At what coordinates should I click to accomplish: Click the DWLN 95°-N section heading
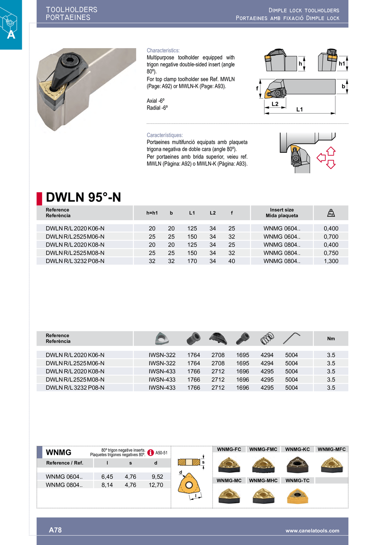pos(83,197)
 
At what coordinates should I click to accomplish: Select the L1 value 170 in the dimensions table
pos(192,261)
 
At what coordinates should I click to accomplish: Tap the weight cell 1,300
pos(331,261)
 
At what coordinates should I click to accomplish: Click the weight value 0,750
pos(331,253)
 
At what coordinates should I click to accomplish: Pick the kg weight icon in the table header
pos(331,213)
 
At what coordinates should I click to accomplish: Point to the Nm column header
pos(331,339)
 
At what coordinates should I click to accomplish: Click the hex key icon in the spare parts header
pos(291,338)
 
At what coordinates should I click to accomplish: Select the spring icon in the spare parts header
pos(267,338)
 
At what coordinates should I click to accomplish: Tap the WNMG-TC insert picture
pos(297,496)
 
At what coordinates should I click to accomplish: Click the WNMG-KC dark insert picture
pos(297,465)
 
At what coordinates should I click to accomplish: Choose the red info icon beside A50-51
pos(151,453)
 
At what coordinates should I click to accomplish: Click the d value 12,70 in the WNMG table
pos(156,485)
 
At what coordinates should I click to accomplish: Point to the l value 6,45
pos(107,477)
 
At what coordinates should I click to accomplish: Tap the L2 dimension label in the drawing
pos(275,104)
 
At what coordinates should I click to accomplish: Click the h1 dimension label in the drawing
pos(342,64)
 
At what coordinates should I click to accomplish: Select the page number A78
pos(55,530)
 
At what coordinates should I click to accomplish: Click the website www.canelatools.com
pos(312,531)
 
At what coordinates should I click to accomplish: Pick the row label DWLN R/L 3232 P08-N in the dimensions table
pos(75,261)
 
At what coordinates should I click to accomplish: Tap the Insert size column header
pos(282,213)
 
